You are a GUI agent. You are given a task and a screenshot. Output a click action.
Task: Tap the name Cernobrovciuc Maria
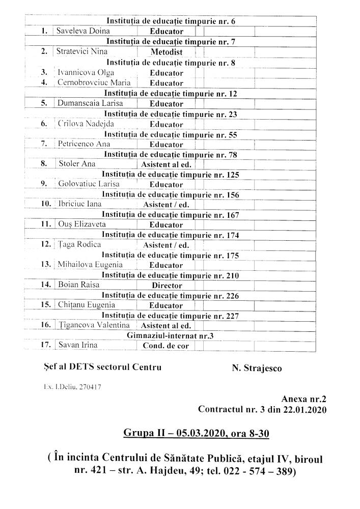click(x=94, y=82)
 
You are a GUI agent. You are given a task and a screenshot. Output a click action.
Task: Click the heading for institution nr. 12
click(x=170, y=94)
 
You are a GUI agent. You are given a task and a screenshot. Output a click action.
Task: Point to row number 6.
click(x=44, y=124)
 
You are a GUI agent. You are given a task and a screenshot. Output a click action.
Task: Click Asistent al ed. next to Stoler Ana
click(x=165, y=164)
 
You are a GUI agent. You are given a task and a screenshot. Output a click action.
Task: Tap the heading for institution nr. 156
click(x=170, y=195)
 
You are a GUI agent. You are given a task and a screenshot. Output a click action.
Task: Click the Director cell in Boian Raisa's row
click(x=167, y=286)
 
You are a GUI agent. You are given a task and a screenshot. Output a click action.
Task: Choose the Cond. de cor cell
click(x=165, y=346)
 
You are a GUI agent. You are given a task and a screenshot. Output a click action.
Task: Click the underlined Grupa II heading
click(x=196, y=433)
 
